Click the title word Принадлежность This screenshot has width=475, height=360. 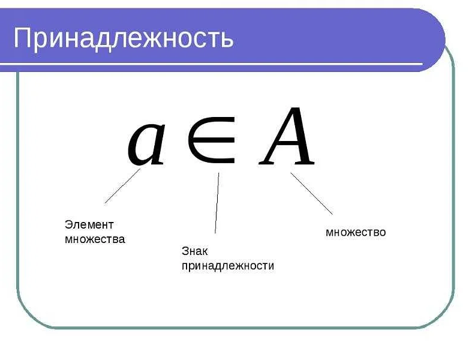coord(123,38)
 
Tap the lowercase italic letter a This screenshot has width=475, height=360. coord(146,142)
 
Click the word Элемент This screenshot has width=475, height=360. coord(89,225)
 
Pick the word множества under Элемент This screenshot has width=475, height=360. coord(95,239)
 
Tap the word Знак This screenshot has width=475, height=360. coord(194,251)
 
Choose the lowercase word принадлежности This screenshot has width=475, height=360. coord(227,265)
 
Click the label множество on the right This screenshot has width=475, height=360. coord(356,232)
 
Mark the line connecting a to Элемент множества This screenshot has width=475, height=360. coord(122,186)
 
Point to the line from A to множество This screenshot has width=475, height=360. coord(311,193)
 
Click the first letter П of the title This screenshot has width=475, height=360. coord(22,38)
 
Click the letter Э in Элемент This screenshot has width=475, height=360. coord(68,225)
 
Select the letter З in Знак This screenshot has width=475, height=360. coord(185,251)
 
